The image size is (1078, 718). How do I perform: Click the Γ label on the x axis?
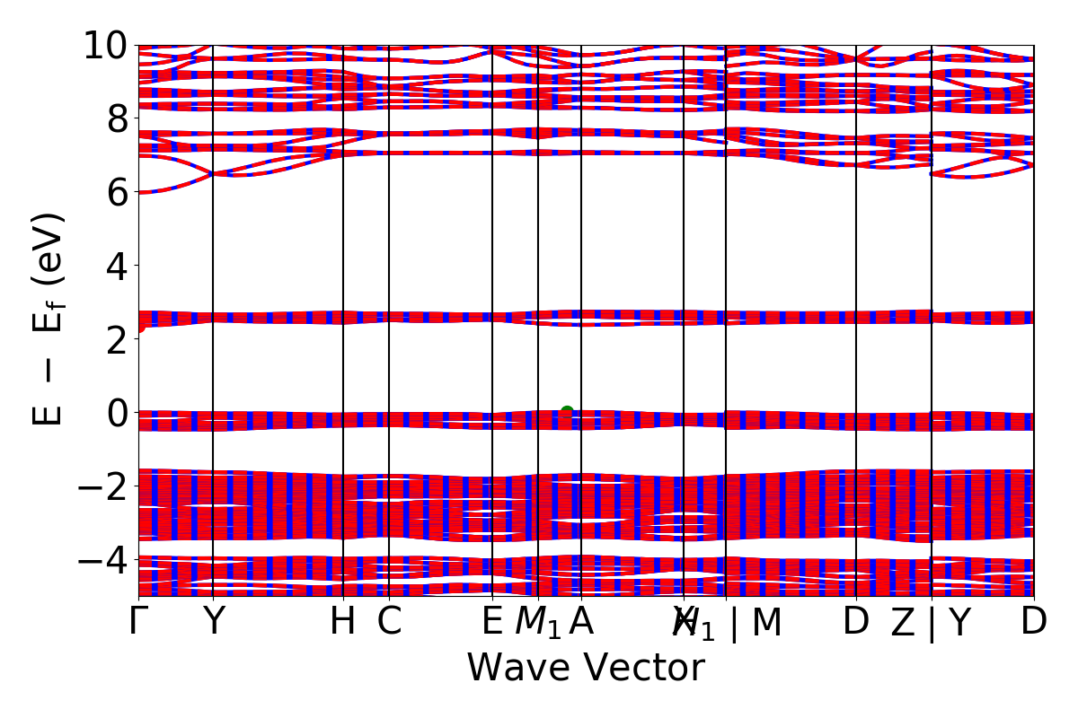(x=138, y=621)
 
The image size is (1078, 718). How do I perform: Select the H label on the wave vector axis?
(x=343, y=621)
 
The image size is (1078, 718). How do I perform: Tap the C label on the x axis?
(x=389, y=621)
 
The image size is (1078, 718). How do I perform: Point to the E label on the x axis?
(x=492, y=621)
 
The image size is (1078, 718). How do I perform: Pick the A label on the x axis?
(x=581, y=621)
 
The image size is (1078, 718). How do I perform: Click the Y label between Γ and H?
(x=213, y=621)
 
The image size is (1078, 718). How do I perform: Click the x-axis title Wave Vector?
(x=586, y=669)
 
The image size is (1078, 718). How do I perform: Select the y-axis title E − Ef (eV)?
(x=50, y=319)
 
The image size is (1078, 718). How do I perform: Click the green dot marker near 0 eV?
(x=567, y=412)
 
